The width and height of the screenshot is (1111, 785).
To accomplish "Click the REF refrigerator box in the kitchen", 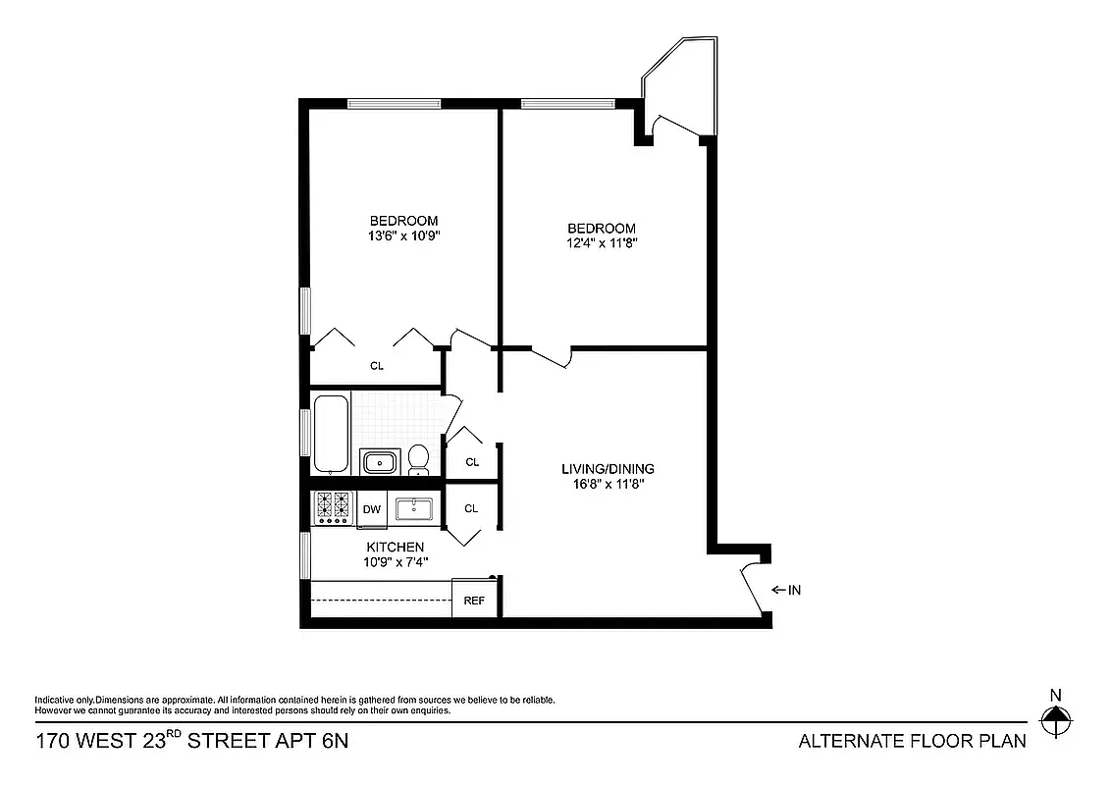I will coord(474,600).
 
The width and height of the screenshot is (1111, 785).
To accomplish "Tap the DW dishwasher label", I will coord(372,509).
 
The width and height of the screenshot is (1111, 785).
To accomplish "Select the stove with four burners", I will coord(332,507).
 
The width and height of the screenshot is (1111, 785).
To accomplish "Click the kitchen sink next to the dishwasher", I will coord(414,508).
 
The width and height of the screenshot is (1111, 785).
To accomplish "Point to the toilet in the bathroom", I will coord(419,458).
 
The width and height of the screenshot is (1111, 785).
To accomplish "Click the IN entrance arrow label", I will coord(787,590).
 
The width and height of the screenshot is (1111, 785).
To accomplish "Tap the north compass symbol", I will coord(1056,723).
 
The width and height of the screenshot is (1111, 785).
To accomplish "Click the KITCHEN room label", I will coord(396,547).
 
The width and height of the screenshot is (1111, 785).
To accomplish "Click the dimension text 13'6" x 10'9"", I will coord(403,235).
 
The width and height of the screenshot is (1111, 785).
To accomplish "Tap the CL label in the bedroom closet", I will coord(377,366).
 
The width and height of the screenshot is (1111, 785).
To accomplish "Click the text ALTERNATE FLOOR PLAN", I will coord(913,741).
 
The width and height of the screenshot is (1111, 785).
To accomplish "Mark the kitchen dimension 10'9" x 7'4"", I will coord(396,562).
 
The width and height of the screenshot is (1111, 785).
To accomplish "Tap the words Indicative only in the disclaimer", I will coord(64,700).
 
